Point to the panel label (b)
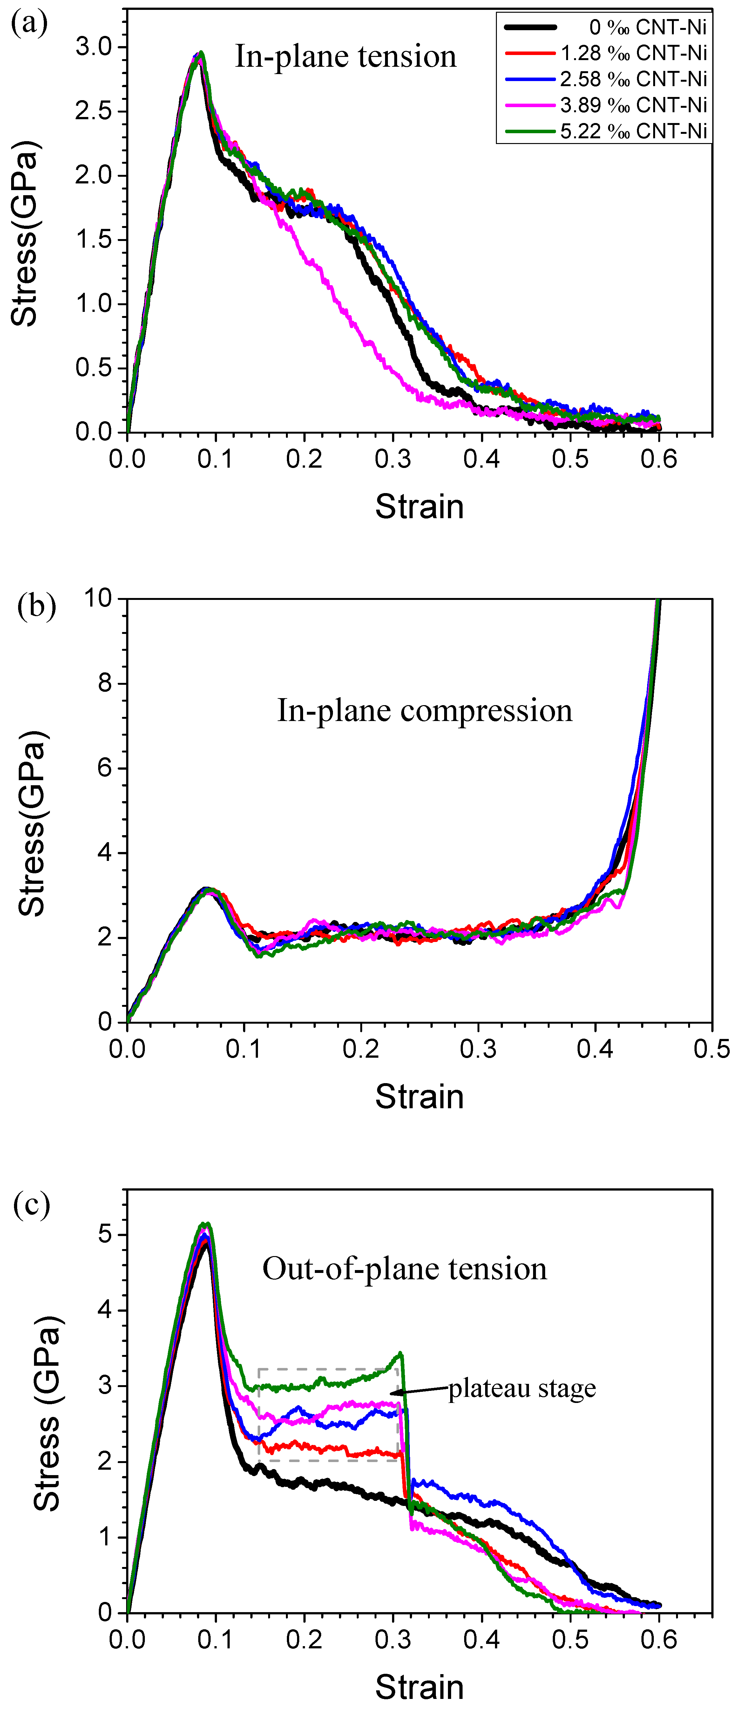[x=37, y=606]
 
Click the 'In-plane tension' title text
[x=346, y=57]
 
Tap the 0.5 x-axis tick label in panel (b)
[x=711, y=1049]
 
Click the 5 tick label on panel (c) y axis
[x=104, y=1235]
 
